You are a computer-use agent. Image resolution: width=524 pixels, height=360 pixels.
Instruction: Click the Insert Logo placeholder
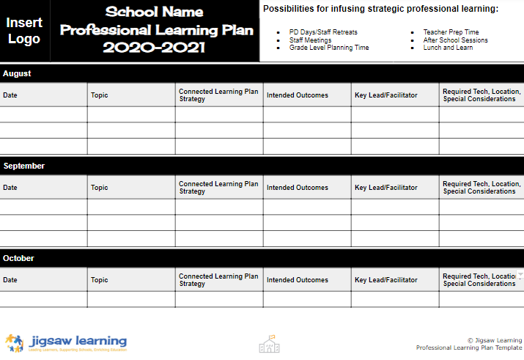24,30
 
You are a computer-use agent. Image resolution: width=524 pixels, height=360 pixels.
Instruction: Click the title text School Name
154,12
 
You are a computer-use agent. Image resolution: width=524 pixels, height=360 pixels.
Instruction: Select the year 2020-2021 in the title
154,48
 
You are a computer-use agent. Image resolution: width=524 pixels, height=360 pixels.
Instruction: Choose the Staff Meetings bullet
310,40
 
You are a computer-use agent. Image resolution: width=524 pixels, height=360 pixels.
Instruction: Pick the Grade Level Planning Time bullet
329,48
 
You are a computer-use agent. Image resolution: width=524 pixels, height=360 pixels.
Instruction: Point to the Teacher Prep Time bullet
451,33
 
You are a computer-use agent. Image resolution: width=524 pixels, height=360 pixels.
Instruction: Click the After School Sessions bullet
455,40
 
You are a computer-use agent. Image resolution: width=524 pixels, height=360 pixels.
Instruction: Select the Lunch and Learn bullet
448,48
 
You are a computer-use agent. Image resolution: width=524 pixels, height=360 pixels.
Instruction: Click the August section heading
17,74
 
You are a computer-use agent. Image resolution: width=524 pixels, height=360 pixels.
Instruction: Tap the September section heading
23,166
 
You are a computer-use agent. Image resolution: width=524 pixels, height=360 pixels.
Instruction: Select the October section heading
19,258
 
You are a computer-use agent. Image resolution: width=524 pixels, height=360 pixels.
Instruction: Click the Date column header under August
10,95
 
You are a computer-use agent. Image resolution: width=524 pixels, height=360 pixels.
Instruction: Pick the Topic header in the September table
99,188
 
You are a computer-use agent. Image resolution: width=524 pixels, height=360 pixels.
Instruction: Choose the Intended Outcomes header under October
298,280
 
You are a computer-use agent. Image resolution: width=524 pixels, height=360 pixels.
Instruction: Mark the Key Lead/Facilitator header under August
386,95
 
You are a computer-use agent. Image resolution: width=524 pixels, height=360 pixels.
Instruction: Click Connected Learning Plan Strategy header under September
218,188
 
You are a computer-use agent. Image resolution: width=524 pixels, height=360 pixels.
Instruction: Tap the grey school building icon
270,343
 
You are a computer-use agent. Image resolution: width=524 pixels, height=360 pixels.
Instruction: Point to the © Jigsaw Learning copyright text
495,340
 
